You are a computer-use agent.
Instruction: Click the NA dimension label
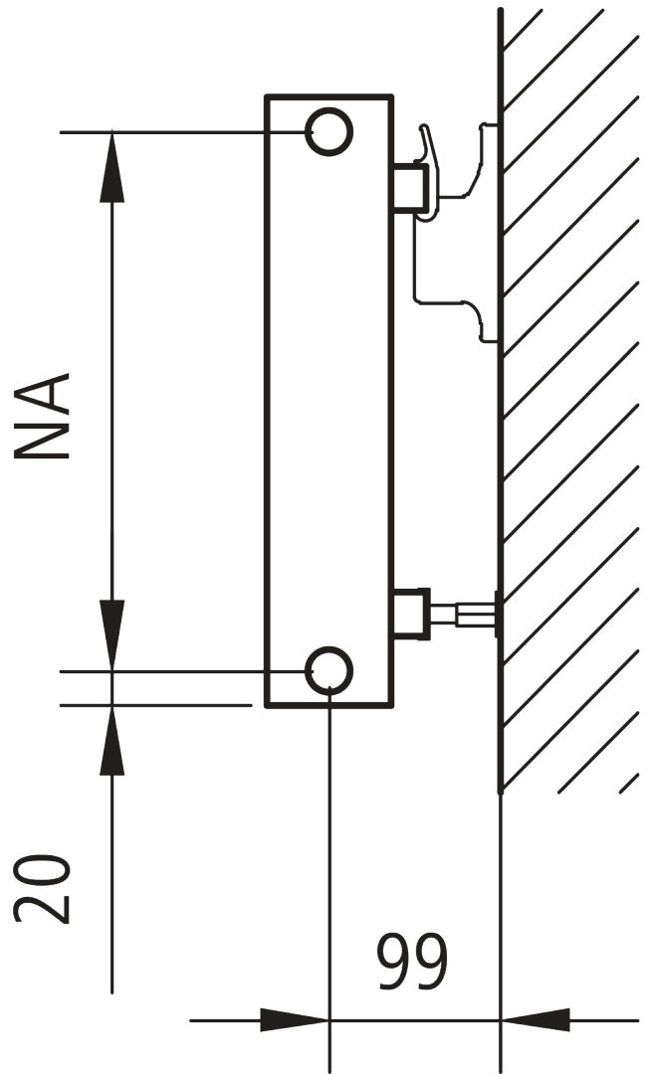point(43,416)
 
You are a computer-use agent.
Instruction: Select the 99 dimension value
point(413,963)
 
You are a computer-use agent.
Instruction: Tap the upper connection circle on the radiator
point(328,131)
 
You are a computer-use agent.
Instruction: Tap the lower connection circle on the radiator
point(328,671)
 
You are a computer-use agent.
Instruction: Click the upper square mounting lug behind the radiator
point(410,187)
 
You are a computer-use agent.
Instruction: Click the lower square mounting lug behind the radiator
point(410,615)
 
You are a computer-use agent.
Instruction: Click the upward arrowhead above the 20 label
point(112,741)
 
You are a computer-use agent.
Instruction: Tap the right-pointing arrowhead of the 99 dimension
point(294,1019)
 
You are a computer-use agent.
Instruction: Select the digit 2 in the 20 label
point(43,908)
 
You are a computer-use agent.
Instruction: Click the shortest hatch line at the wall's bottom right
point(628,783)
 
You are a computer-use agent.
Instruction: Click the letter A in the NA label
point(43,392)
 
